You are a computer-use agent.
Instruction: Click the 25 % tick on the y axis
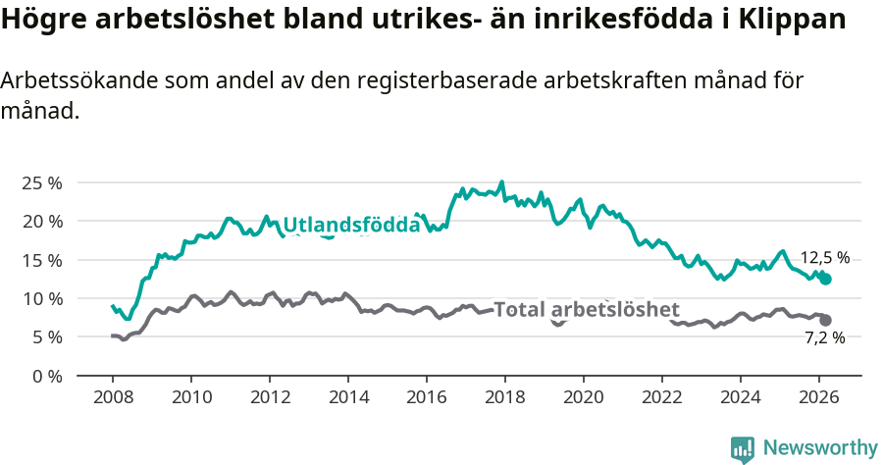[41, 183]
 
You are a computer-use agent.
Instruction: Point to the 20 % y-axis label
[41, 222]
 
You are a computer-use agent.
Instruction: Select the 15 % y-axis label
[41, 260]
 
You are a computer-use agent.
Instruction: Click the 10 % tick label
[41, 298]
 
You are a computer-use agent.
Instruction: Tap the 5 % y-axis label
[45, 336]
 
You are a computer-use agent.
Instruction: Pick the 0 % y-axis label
[45, 376]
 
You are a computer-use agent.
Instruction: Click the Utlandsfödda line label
[351, 225]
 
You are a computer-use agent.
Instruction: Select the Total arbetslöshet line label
[586, 310]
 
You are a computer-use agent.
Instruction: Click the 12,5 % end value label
[824, 258]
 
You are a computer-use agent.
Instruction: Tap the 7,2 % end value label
[824, 337]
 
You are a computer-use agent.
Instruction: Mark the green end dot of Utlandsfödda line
[826, 280]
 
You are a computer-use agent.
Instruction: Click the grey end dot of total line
[826, 320]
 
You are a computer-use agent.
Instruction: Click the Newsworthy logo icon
[743, 448]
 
